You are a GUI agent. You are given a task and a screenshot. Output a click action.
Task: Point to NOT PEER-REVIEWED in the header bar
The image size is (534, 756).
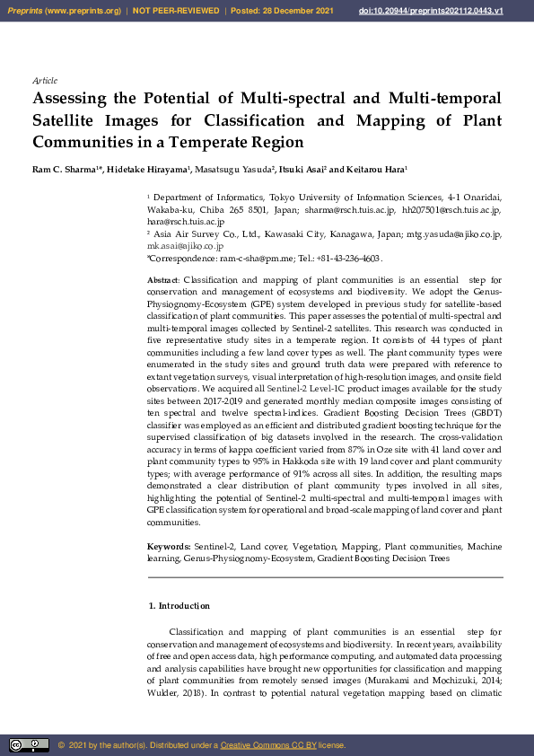177,10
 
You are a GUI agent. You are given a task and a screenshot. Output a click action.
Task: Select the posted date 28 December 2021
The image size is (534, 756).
289,10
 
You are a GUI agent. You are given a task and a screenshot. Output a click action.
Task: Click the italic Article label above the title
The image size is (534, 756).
45,81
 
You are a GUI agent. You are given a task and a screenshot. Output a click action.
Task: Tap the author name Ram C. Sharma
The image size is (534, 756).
64,170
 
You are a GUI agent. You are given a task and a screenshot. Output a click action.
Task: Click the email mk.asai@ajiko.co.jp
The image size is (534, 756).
185,245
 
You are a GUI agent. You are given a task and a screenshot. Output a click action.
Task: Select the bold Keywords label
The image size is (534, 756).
168,546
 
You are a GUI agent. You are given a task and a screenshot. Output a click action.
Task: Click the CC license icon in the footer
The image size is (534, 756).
29,744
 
